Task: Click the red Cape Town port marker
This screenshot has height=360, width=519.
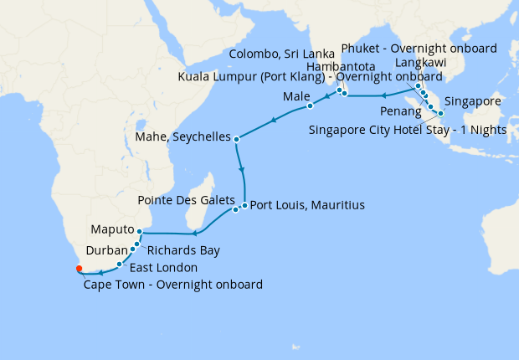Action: (x=79, y=269)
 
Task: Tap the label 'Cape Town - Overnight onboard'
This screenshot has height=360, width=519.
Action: (x=173, y=285)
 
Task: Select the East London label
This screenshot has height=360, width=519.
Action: (x=163, y=268)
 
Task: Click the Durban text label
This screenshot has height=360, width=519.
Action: (x=107, y=249)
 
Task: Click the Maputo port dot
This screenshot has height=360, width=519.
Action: (x=139, y=231)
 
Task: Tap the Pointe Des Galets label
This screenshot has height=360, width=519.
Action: (x=186, y=201)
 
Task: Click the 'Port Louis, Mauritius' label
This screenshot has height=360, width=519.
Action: (x=307, y=205)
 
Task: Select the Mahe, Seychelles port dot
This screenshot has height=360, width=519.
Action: (x=237, y=139)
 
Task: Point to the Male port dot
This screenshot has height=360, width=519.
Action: (x=310, y=106)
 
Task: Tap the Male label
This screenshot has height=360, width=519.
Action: (x=296, y=97)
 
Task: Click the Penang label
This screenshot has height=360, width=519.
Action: (x=400, y=111)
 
